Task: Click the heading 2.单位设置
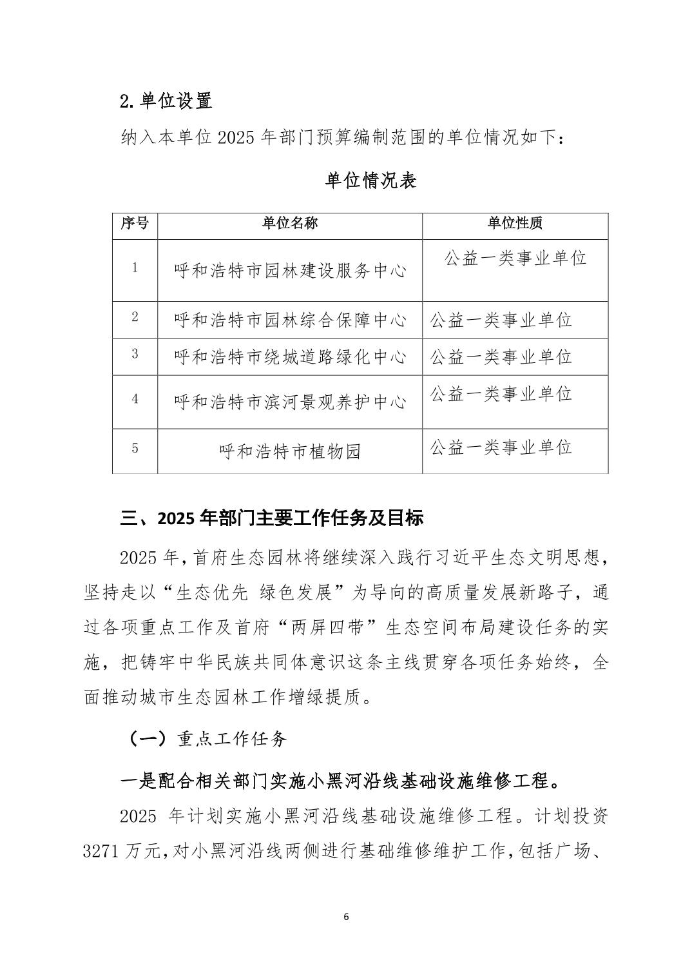coord(166,101)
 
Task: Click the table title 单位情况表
coord(370,181)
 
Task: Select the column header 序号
coord(135,223)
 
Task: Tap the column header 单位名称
coord(290,223)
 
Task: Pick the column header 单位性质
coord(515,223)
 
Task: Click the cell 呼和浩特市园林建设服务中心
coord(290,271)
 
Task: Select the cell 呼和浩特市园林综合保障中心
coord(290,320)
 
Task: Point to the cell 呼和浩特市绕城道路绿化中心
coord(290,357)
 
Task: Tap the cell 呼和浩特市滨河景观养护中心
coord(290,402)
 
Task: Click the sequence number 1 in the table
coord(135,268)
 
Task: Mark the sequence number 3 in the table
coord(135,354)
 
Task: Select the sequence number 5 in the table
coord(135,448)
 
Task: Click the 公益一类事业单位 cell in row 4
coord(501,393)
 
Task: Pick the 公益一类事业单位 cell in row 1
coord(515,259)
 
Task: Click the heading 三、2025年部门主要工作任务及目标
coord(271,518)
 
